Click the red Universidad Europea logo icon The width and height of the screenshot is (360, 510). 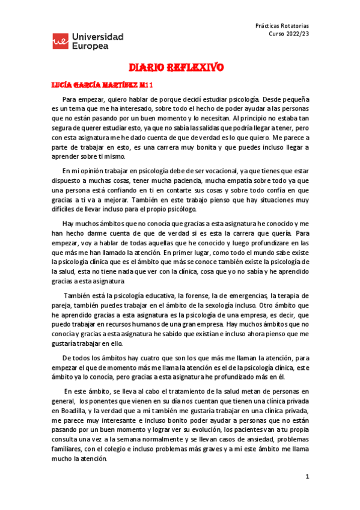60,41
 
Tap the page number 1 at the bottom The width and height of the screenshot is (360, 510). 307,476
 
